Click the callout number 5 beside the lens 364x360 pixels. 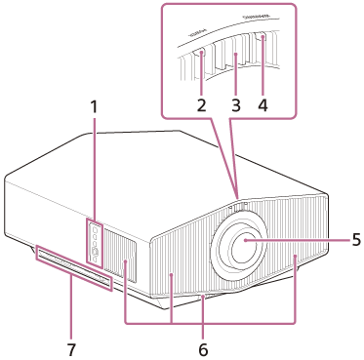(355, 238)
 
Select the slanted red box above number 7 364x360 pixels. (72, 268)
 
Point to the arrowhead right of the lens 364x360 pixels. (294, 256)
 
